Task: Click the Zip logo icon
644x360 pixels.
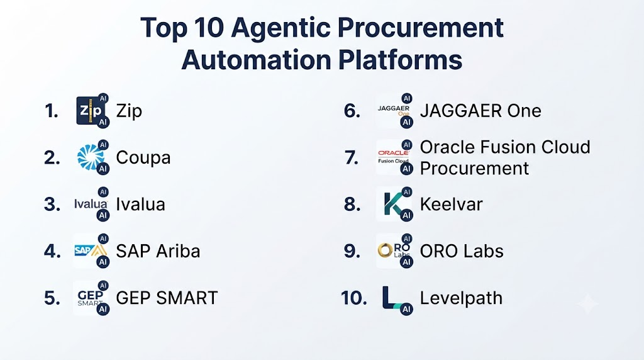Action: coord(90,111)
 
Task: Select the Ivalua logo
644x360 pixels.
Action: coord(91,204)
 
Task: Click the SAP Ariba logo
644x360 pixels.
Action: coord(91,250)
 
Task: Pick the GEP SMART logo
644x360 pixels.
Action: coord(91,298)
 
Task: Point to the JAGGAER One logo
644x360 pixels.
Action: coord(394,110)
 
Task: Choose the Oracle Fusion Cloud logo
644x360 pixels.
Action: coord(394,157)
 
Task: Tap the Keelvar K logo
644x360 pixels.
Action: coord(393,204)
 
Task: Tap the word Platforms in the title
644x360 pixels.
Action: coord(401,60)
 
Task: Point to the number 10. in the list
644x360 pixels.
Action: coord(353,298)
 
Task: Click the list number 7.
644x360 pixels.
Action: coord(351,157)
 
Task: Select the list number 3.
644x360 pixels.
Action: coord(52,205)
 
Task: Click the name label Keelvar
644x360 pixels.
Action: coord(451,205)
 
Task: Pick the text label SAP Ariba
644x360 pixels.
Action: coord(158,251)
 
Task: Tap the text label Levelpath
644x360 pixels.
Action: coord(461,298)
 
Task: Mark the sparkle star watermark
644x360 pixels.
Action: coord(588,304)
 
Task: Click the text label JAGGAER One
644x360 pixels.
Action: coord(480,111)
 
